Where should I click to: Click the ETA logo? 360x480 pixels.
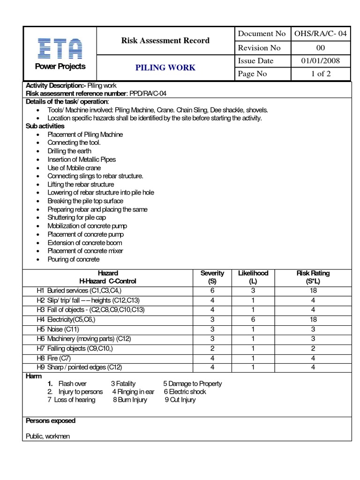60,48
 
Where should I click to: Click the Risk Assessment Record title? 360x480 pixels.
165,40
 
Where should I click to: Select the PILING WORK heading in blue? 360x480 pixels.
165,67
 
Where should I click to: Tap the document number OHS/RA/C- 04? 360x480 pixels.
321,34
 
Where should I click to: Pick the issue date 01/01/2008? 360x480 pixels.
321,61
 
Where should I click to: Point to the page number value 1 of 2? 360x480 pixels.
321,74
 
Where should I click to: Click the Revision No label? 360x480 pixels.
259,47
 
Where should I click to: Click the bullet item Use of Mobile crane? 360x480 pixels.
74,168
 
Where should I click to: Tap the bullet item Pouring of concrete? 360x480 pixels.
73,259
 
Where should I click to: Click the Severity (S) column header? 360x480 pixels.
212,277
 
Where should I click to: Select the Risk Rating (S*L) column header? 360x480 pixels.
313,277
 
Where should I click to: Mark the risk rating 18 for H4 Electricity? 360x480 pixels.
313,319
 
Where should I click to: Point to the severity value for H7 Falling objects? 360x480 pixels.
212,348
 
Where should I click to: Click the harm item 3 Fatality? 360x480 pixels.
123,383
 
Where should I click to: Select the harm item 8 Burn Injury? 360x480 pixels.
130,400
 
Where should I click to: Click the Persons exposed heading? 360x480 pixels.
51,420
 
